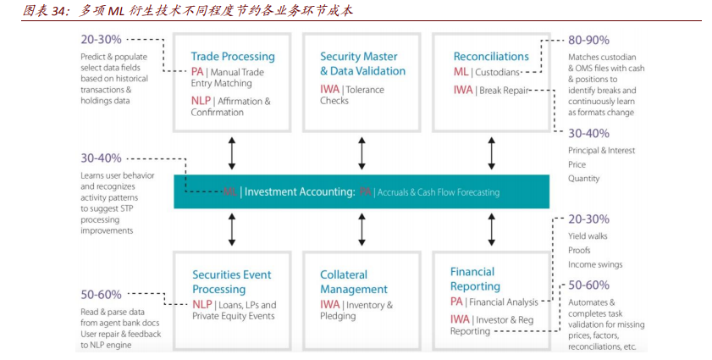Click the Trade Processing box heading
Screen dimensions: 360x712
233,57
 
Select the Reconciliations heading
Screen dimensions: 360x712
491,57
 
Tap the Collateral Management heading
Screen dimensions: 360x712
354,282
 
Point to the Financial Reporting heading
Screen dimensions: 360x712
475,279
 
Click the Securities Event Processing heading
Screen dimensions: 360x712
231,282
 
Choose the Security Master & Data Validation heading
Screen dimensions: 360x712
362,64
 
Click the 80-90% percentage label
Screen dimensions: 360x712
588,40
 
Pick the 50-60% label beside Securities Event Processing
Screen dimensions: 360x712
101,294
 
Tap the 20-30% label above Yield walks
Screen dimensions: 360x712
588,219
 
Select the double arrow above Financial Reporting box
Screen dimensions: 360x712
492,229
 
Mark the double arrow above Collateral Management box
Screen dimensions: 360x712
362,229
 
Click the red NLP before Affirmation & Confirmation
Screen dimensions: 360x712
201,101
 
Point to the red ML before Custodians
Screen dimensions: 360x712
461,72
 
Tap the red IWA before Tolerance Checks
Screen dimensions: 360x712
330,89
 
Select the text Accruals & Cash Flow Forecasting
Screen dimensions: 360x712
438,192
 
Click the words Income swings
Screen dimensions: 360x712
595,265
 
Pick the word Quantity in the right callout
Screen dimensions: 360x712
584,179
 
